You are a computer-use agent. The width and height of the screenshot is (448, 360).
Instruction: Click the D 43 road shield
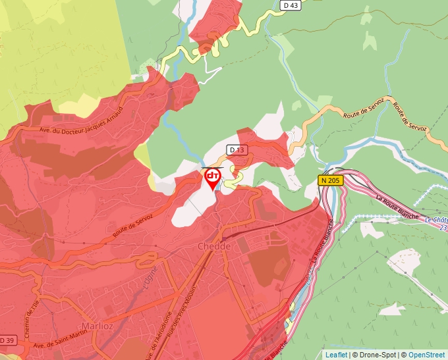point(290,5)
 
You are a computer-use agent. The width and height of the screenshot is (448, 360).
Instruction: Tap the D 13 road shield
point(237,150)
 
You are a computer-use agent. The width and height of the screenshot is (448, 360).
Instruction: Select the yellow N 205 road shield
point(331,180)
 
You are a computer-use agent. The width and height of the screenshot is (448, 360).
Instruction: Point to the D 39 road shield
point(7,340)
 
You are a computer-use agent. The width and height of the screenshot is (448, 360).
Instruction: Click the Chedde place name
point(214,246)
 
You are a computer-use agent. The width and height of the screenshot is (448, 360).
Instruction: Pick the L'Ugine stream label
point(151,284)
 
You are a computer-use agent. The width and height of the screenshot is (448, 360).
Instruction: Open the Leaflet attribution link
point(336,355)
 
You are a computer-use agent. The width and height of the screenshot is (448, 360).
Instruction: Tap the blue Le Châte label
point(435,220)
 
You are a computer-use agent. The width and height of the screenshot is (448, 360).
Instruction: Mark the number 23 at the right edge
point(443,228)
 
